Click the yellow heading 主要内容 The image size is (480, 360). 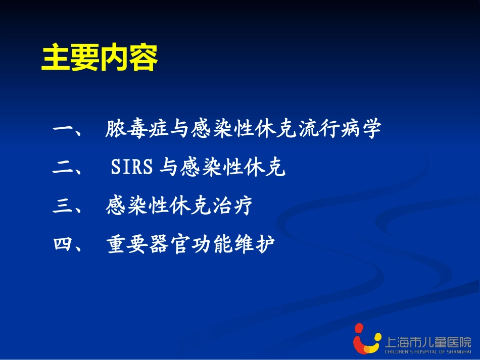click(x=100, y=59)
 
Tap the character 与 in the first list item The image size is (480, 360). click(x=180, y=130)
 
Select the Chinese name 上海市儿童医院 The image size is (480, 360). click(x=428, y=341)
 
